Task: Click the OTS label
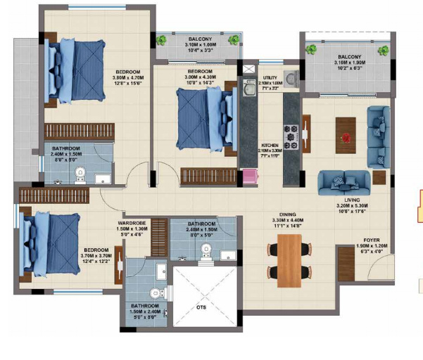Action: [x=201, y=307]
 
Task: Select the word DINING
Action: [x=286, y=215]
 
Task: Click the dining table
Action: [x=288, y=260]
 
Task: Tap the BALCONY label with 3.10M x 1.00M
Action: [x=198, y=39]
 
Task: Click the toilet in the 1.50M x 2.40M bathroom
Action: [x=153, y=295]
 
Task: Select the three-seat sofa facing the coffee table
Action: [x=343, y=182]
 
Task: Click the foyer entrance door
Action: [x=380, y=266]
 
